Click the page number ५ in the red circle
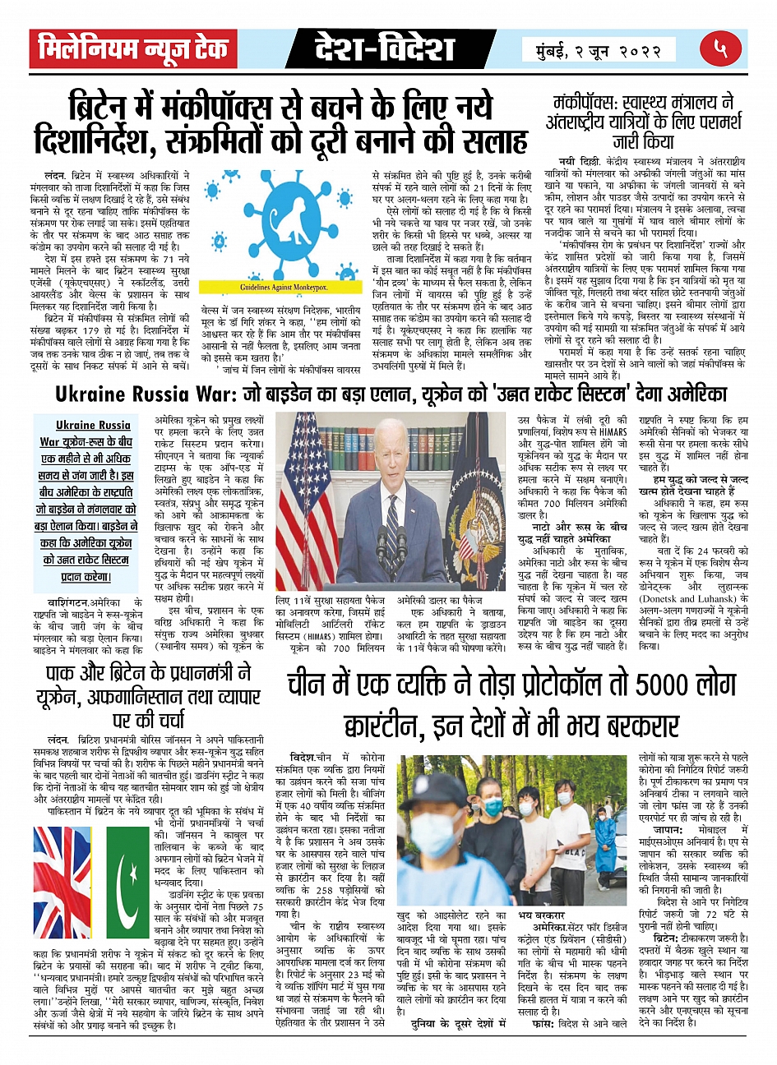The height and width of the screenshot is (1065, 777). pyautogui.click(x=721, y=49)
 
